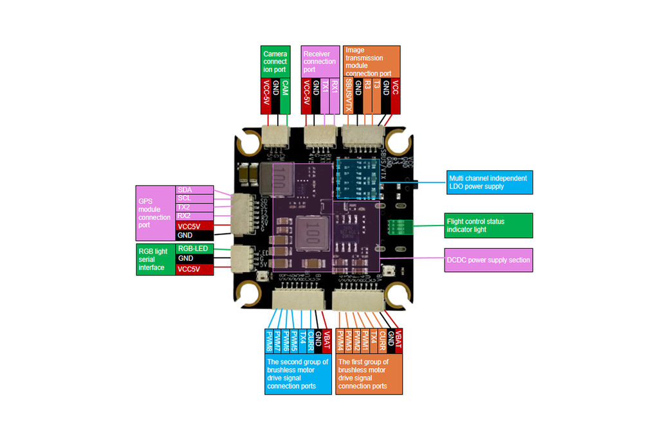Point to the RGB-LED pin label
pyautogui.click(x=194, y=249)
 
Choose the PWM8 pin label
pyautogui.click(x=269, y=342)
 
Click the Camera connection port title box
pyautogui.click(x=275, y=62)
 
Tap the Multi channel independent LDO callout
pyautogui.click(x=490, y=182)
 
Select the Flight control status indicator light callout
pyautogui.click(x=488, y=225)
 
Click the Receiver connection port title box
pyautogui.click(x=320, y=62)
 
